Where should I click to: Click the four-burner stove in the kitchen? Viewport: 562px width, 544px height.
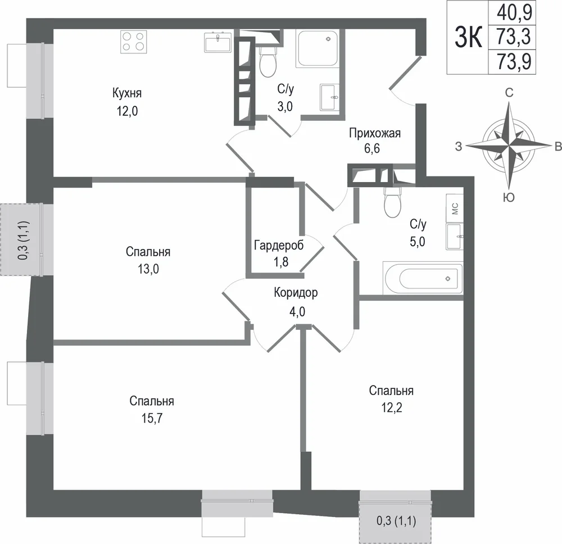134,42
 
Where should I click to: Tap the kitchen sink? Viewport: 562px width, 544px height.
218,42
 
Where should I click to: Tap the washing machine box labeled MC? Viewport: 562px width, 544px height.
455,208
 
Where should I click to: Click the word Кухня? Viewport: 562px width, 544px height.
127,93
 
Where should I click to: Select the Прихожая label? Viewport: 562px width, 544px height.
374,133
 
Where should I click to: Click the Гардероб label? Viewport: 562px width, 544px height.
279,246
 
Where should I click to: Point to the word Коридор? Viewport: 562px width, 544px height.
296,293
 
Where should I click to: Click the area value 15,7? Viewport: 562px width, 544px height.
152,418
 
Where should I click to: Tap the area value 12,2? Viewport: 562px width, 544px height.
391,407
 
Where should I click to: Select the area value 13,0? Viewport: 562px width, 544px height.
148,269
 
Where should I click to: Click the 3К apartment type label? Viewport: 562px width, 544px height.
468,37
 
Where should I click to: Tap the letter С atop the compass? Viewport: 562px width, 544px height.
509,93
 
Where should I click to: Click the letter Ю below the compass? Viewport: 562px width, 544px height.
509,197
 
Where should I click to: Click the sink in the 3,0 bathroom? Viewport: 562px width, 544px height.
329,97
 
